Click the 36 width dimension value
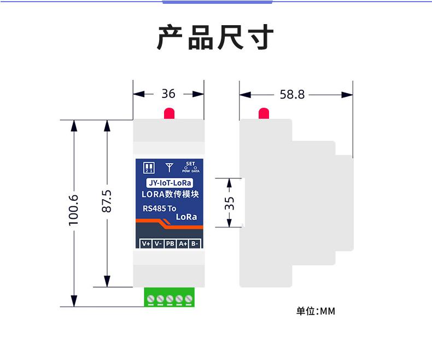pos(168,94)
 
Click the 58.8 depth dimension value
pos(292,95)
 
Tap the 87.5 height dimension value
pos(107,201)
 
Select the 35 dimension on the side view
pos(230,203)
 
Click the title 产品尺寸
pos(215,38)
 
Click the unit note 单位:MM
pos(316,311)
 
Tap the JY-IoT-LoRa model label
pos(169,183)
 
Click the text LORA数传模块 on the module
pos(169,195)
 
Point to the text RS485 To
pos(160,208)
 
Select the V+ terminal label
pos(145,244)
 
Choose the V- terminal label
pos(157,244)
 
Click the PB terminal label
pos(170,244)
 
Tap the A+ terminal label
pos(183,244)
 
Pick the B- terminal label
pos(195,244)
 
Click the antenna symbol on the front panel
pos(169,166)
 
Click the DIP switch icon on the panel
pos(148,167)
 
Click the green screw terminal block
pos(170,299)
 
